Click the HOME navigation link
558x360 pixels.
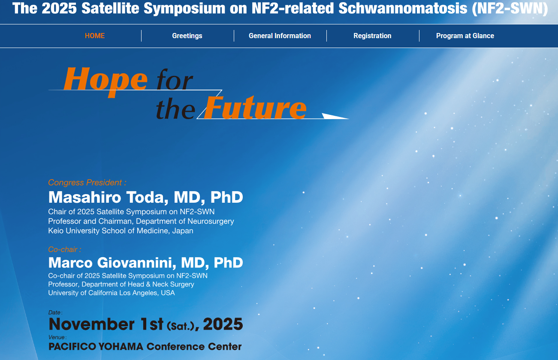(x=95, y=36)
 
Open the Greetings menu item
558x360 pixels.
(x=187, y=36)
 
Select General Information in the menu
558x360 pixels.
(x=280, y=36)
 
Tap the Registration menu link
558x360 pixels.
(x=372, y=36)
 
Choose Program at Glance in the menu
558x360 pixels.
(x=465, y=36)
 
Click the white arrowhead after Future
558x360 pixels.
(x=335, y=116)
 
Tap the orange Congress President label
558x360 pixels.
(x=87, y=183)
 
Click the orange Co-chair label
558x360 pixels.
(x=64, y=249)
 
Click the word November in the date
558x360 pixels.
(x=91, y=324)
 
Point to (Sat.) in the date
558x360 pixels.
(x=181, y=326)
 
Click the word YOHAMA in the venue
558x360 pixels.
(x=121, y=347)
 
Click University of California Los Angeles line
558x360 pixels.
(x=112, y=293)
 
